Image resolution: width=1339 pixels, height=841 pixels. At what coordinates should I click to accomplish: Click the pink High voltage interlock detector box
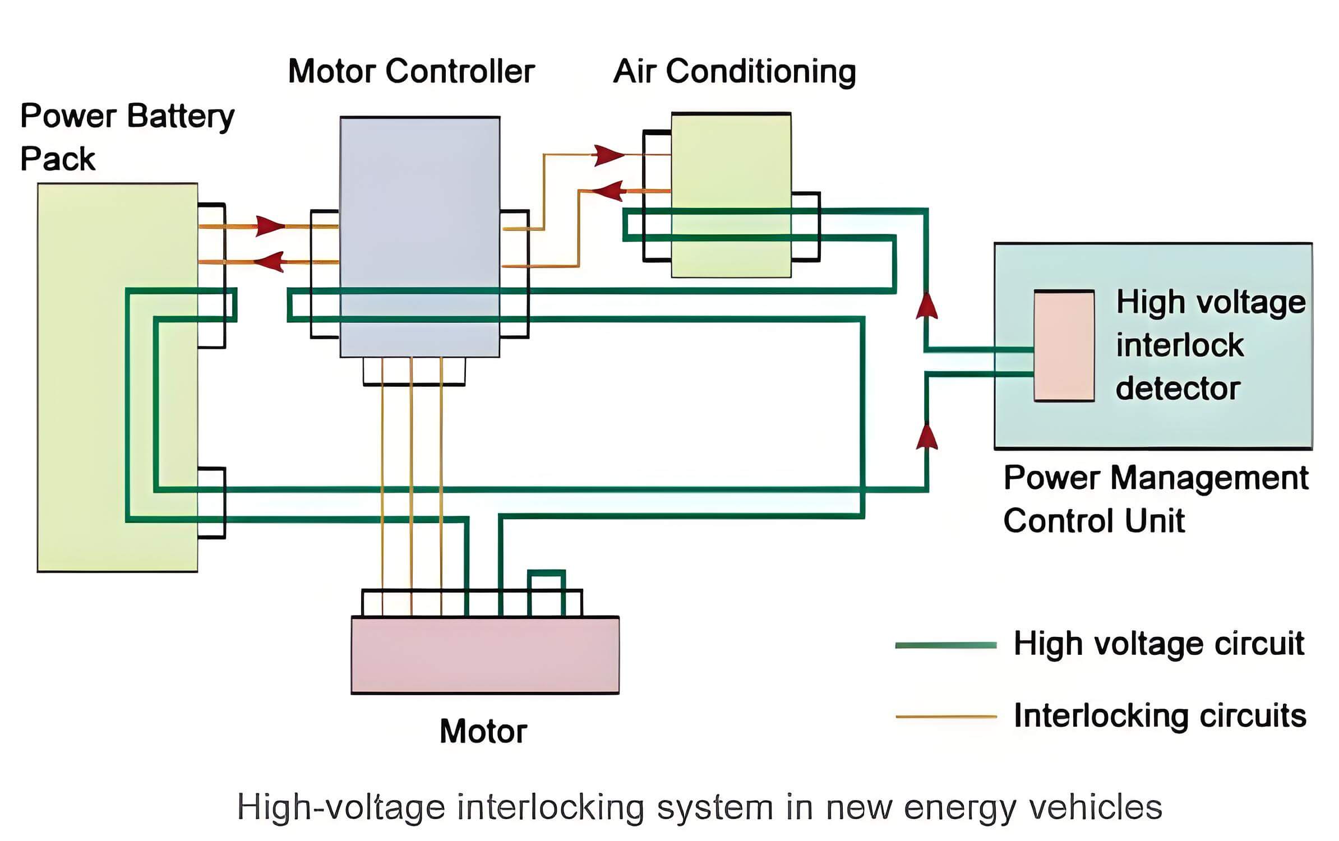coord(1064,345)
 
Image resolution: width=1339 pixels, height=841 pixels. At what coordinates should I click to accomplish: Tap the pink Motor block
coord(485,655)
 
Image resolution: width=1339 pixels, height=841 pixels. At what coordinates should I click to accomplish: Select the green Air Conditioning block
coord(731,195)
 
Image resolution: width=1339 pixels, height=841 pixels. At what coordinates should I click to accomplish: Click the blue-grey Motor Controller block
coord(420,237)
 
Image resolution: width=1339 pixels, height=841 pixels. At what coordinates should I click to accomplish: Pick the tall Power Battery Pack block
coord(117,377)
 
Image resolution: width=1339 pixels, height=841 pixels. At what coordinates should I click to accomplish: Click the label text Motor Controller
coord(411,71)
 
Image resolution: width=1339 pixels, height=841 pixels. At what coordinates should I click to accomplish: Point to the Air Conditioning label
coord(735,72)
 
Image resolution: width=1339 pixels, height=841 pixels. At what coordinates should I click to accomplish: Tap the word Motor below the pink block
coord(483,731)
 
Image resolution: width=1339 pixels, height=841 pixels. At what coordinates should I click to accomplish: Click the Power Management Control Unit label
coord(1155,499)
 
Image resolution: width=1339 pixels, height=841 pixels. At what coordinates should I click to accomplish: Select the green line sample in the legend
coord(946,645)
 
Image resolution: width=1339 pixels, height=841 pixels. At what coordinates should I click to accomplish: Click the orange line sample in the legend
coord(946,717)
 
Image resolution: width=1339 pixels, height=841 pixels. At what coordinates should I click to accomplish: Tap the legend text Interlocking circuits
coord(1160,716)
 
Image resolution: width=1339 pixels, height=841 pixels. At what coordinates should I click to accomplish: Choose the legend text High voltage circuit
coord(1158,644)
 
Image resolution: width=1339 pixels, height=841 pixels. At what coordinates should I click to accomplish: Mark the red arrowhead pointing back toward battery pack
coord(269,262)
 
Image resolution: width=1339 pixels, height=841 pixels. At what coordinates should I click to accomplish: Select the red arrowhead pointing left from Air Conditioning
coord(608,191)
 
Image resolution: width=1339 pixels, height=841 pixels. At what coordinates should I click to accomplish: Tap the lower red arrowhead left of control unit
coord(927,436)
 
